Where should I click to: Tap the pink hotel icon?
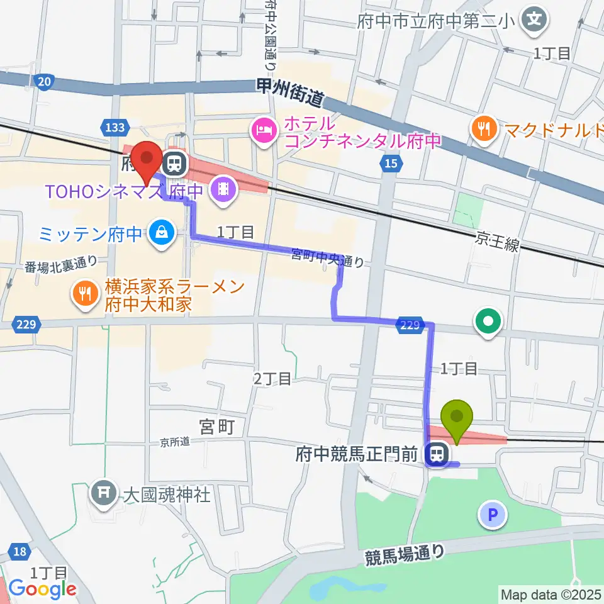[261, 131]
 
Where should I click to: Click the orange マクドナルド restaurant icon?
[483, 130]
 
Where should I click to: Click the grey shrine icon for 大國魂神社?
[103, 491]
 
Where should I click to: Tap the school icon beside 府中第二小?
[534, 19]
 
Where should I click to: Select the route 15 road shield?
[390, 164]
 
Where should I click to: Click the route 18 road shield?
[20, 552]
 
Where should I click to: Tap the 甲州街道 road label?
[291, 92]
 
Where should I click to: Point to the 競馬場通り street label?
[405, 554]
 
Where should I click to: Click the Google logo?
[42, 589]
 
